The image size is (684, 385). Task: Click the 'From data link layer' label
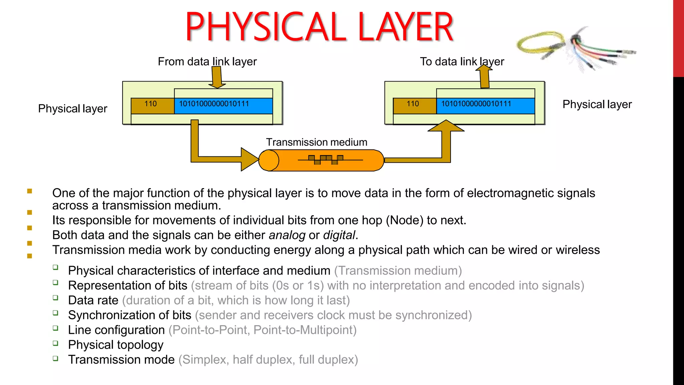pyautogui.click(x=207, y=61)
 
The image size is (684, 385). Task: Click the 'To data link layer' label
pyautogui.click(x=462, y=61)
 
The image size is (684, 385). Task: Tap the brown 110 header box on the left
pyautogui.click(x=152, y=106)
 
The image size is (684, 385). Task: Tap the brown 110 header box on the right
pyautogui.click(x=414, y=106)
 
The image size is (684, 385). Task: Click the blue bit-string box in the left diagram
pyautogui.click(x=223, y=106)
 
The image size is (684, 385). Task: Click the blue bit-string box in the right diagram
pyautogui.click(x=485, y=106)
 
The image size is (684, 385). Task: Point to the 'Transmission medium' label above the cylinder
pyautogui.click(x=316, y=142)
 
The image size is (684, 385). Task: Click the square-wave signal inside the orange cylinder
pyautogui.click(x=326, y=160)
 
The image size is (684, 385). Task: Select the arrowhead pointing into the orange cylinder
pyautogui.click(x=249, y=159)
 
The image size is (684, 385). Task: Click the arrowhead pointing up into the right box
pyautogui.click(x=446, y=126)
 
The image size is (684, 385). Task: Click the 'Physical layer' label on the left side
pyautogui.click(x=72, y=109)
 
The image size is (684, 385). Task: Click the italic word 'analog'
pyautogui.click(x=287, y=235)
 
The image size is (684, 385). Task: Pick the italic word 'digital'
pyautogui.click(x=339, y=235)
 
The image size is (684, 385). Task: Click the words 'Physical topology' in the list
pyautogui.click(x=116, y=345)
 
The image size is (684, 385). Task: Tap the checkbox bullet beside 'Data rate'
pyautogui.click(x=55, y=297)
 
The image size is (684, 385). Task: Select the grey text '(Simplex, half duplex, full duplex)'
pyautogui.click(x=268, y=360)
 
